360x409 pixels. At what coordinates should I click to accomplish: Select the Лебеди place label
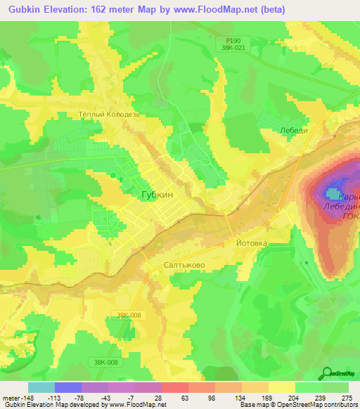click(274, 131)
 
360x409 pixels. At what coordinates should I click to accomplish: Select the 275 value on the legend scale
click(347, 397)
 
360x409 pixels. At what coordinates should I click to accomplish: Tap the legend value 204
click(295, 397)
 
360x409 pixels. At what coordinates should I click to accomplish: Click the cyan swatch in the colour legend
click(41, 387)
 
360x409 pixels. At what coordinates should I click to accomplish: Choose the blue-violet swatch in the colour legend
click(68, 387)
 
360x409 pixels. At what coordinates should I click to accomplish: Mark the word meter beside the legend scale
click(12, 397)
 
